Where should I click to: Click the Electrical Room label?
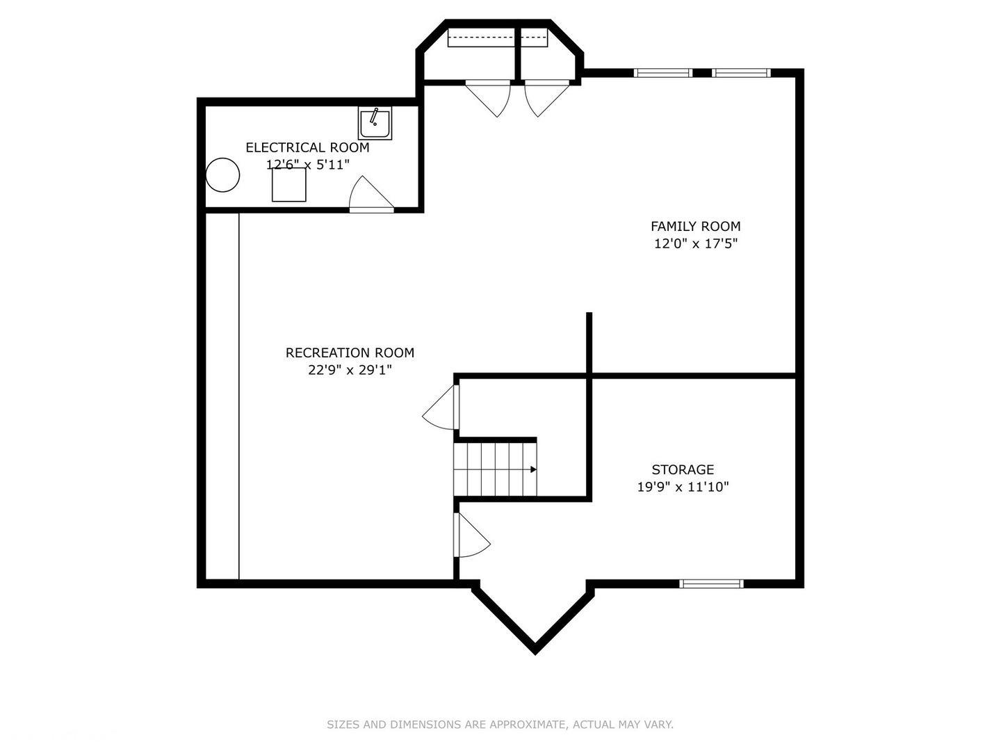click(307, 147)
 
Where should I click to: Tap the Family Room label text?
click(695, 226)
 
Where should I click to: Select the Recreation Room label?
click(350, 353)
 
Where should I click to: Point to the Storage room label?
click(683, 469)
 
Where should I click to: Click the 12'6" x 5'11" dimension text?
click(307, 165)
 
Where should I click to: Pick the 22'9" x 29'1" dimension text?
click(350, 370)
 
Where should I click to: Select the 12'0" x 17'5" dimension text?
click(695, 243)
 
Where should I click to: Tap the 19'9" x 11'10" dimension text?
click(683, 487)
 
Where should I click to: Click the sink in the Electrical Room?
click(375, 123)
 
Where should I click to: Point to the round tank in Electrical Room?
click(223, 175)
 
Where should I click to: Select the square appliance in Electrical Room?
click(288, 184)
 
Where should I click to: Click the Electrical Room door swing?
click(368, 194)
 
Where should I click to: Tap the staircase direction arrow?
click(532, 469)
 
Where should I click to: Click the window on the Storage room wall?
click(711, 583)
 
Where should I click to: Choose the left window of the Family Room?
click(663, 72)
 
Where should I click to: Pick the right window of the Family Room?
click(741, 72)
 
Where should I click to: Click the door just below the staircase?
click(471, 535)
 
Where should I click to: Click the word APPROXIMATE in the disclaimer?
click(527, 725)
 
